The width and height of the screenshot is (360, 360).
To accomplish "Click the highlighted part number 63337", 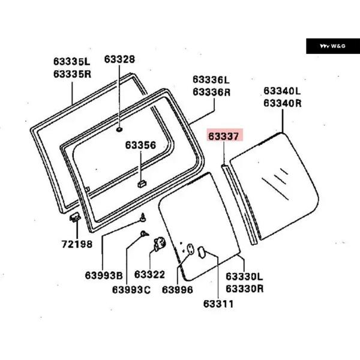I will point(224,136).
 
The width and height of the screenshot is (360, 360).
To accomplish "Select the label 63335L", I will point(71,61).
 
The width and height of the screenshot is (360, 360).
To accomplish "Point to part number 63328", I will point(119,59).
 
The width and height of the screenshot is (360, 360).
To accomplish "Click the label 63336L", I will point(211,80).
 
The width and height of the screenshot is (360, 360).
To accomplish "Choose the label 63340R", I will point(282,103).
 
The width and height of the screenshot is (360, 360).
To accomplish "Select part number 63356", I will point(140,145).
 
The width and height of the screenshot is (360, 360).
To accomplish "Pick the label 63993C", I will point(131,290).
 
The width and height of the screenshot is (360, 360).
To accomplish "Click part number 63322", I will point(149,274).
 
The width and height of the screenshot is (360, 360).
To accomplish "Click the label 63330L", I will point(244,277).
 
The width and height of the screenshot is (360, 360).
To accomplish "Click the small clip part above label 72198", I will point(75,217).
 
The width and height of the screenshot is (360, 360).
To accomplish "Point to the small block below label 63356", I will point(142,184).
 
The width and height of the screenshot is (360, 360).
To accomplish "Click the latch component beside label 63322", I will point(160,244).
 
